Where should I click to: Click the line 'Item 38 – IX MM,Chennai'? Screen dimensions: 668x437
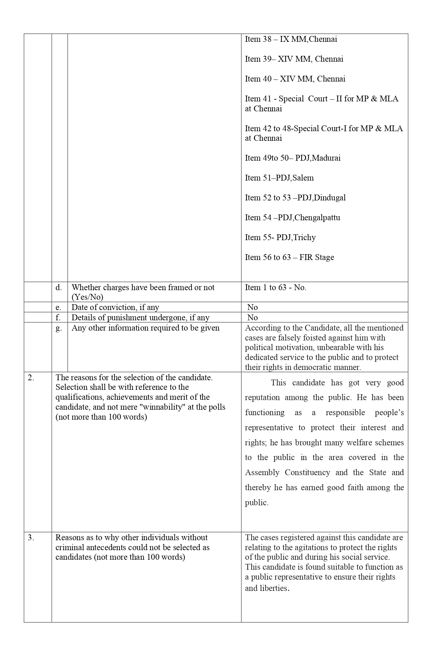291,39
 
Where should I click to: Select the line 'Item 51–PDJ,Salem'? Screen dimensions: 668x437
279,178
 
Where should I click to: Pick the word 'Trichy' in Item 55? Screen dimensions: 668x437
305,237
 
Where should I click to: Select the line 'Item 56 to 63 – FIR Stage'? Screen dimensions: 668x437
289,257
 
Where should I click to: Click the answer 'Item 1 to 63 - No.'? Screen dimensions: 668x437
276,287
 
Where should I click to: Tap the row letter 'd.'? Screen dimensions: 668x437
59,287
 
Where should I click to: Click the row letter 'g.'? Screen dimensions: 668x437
59,328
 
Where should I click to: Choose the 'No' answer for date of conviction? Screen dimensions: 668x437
252,307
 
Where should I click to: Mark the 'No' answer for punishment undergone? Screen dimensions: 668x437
252,318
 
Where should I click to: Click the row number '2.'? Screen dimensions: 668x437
31,378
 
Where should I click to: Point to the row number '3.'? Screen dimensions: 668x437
31,537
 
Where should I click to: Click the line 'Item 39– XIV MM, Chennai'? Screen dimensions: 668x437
294,59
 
